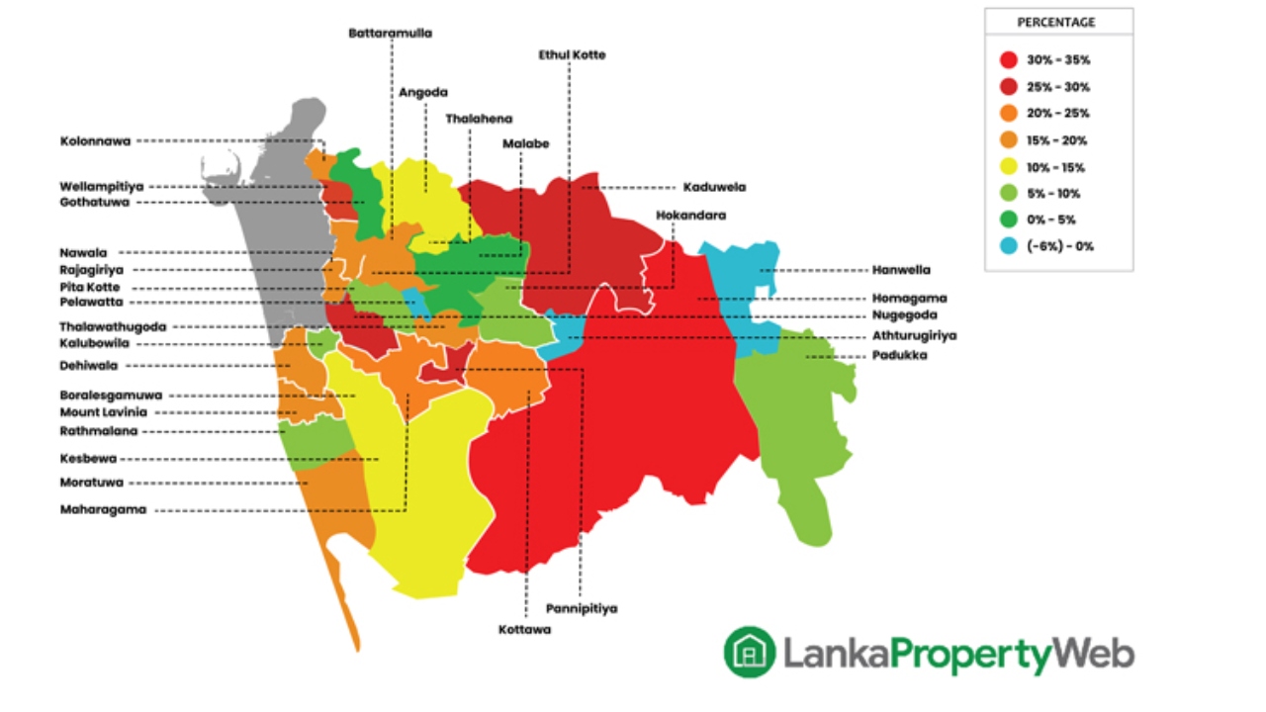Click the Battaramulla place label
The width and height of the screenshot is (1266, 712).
pos(390,33)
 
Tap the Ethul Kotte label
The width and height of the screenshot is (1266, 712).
pos(572,54)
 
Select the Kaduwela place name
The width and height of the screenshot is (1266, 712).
pos(714,186)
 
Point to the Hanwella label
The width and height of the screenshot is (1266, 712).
pos(901,269)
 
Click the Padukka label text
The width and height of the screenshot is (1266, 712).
pos(899,355)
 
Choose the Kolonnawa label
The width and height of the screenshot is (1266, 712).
pos(95,141)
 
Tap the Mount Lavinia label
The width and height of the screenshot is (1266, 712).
pos(103,411)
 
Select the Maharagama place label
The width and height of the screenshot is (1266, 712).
pos(103,509)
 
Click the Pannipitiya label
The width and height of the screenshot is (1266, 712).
pos(581,608)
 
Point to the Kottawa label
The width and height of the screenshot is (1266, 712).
pos(524,629)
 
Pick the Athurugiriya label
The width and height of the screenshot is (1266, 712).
pos(914,335)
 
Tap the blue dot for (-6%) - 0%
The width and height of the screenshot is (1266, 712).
pos(1009,246)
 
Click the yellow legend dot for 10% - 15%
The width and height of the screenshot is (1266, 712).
pos(1009,166)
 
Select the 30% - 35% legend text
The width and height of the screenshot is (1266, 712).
pos(1058,60)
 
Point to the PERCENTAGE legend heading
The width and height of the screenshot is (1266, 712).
pos(1056,22)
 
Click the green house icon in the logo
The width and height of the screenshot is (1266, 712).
pos(749,653)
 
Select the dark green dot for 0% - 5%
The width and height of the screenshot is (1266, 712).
pos(1009,220)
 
